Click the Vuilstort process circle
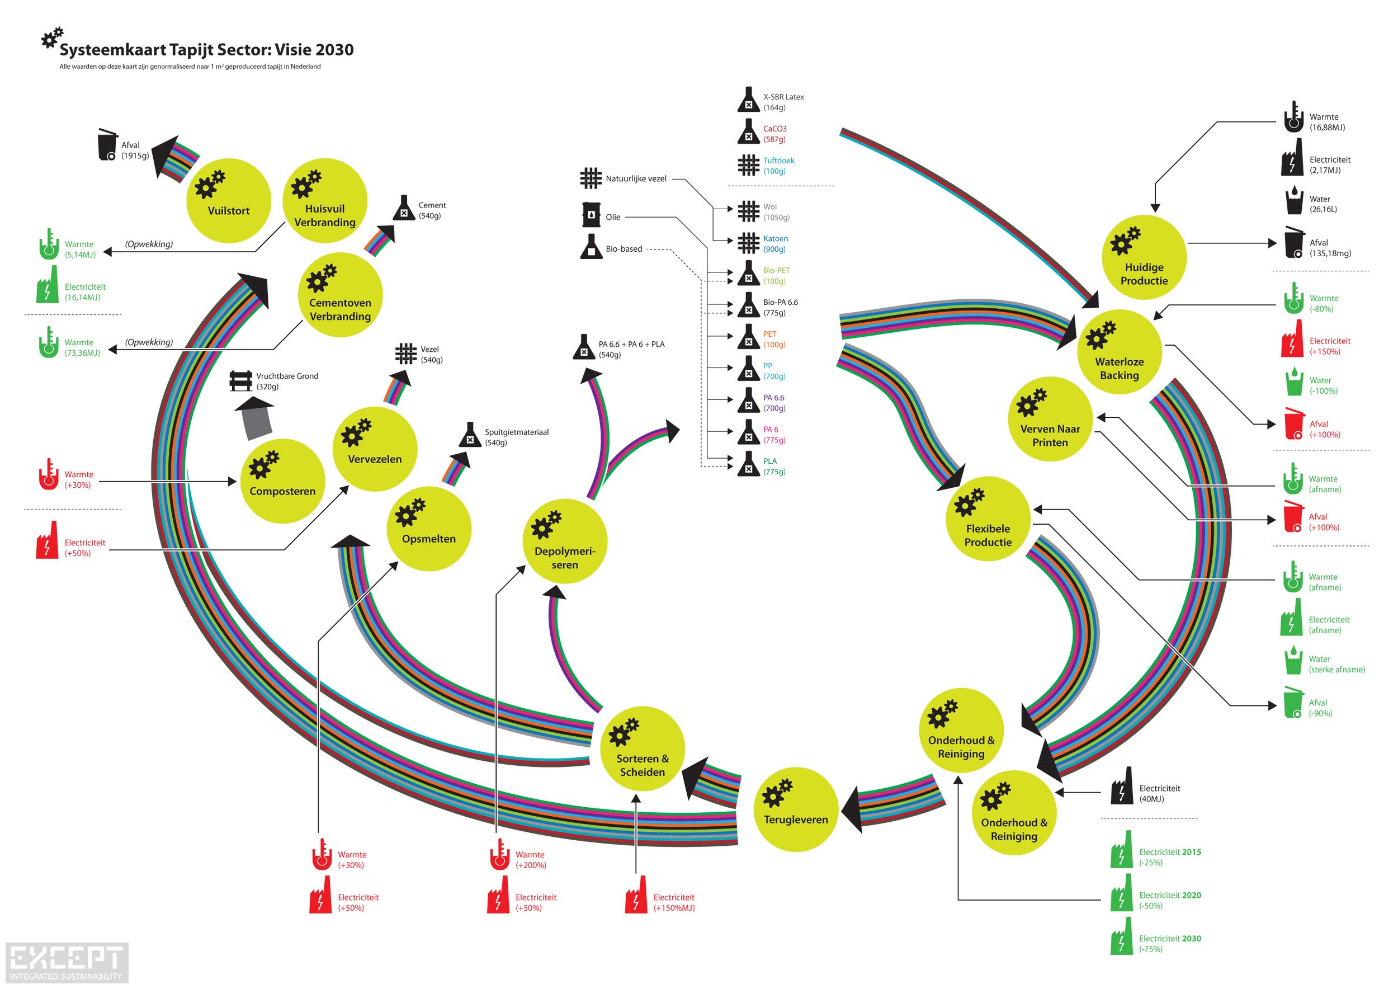click(x=228, y=201)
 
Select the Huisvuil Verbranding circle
click(x=325, y=201)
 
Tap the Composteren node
click(x=282, y=481)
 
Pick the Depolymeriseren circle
click(x=565, y=541)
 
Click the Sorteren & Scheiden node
click(x=643, y=748)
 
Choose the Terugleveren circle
click(x=796, y=809)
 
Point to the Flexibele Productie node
click(x=988, y=519)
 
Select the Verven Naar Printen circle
click(x=1050, y=419)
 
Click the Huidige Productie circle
click(x=1144, y=257)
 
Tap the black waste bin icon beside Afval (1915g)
click(x=108, y=145)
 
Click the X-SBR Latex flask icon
click(x=748, y=100)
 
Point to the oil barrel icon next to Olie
click(x=591, y=214)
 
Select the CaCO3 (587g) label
click(x=774, y=134)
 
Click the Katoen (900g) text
click(x=776, y=243)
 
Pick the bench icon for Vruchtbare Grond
click(x=240, y=382)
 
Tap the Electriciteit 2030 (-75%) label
click(x=1170, y=943)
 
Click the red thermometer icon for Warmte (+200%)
click(x=499, y=854)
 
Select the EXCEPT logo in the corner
click(x=67, y=962)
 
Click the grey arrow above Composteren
click(x=256, y=418)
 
